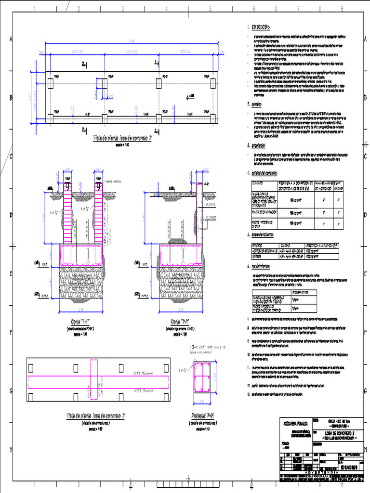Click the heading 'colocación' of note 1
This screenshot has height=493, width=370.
(261, 27)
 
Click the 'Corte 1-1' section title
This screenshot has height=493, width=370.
(79, 322)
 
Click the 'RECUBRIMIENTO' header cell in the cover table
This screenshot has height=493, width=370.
(304, 292)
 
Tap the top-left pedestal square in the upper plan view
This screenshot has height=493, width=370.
(50, 84)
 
